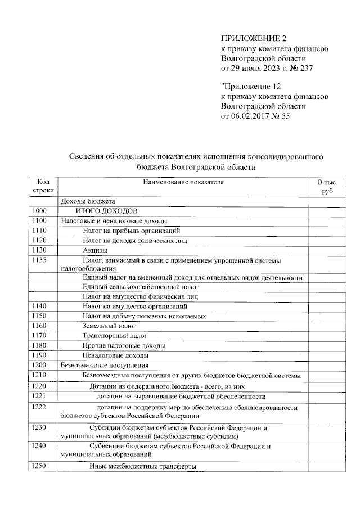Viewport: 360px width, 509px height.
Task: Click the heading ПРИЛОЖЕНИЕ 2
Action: [x=254, y=39]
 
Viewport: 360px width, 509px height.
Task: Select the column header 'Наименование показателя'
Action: [x=183, y=182]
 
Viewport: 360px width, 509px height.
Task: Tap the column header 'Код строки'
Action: [x=43, y=187]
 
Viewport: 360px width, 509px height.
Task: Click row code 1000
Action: [x=39, y=211]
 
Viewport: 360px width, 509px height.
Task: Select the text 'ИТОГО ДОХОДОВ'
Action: [x=107, y=211]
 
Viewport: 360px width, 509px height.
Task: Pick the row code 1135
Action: [x=39, y=260]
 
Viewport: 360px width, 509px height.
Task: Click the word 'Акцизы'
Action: [x=94, y=250]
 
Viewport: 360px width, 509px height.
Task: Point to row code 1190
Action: [x=39, y=355]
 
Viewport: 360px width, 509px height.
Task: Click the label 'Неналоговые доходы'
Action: [x=115, y=355]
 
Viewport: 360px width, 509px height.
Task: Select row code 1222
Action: [x=39, y=407]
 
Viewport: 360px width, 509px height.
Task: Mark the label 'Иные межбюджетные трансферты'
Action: [x=143, y=466]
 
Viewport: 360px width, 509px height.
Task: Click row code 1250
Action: [x=39, y=466]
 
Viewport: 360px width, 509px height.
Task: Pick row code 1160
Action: [x=39, y=326]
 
